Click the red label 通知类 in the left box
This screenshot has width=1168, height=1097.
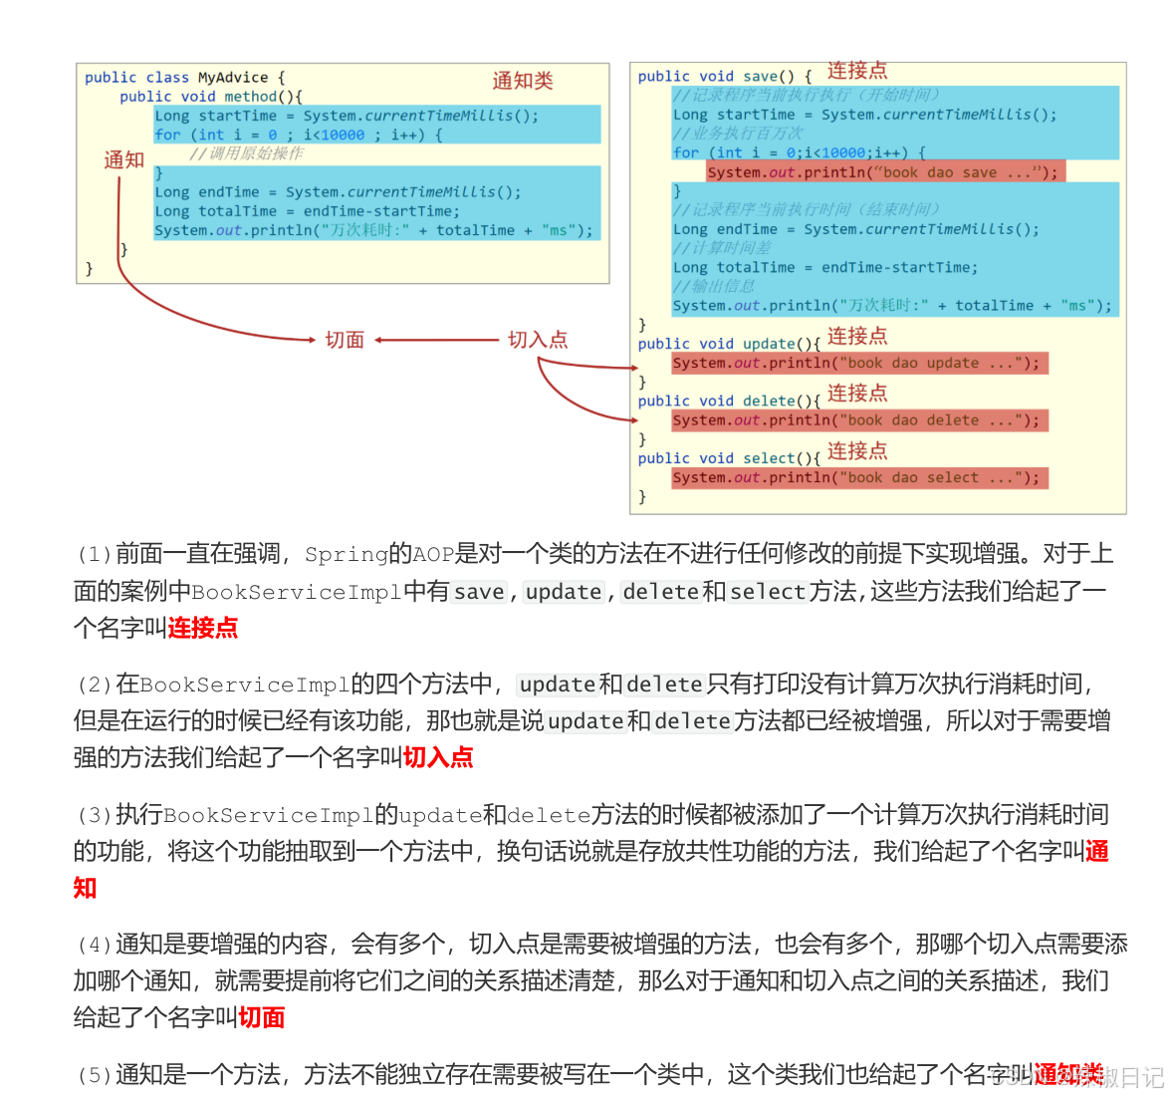click(522, 81)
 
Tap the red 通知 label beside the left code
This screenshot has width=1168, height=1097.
click(124, 159)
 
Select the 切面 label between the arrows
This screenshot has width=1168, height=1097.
click(345, 340)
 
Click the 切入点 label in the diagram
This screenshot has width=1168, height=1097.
click(538, 340)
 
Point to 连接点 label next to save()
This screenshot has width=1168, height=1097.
click(856, 71)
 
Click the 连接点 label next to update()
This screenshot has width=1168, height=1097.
click(856, 337)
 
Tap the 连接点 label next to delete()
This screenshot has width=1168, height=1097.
click(856, 394)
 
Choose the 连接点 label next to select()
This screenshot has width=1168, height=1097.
click(856, 451)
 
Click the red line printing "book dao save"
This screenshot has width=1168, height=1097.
click(884, 172)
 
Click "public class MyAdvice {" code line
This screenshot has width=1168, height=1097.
click(184, 78)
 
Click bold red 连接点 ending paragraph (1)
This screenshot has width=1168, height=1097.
click(203, 628)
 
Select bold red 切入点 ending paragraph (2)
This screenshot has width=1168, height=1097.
click(438, 757)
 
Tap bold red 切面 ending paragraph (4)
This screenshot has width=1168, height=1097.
click(262, 1017)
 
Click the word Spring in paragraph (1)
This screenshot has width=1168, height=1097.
click(346, 554)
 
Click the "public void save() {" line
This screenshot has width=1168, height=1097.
click(725, 77)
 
